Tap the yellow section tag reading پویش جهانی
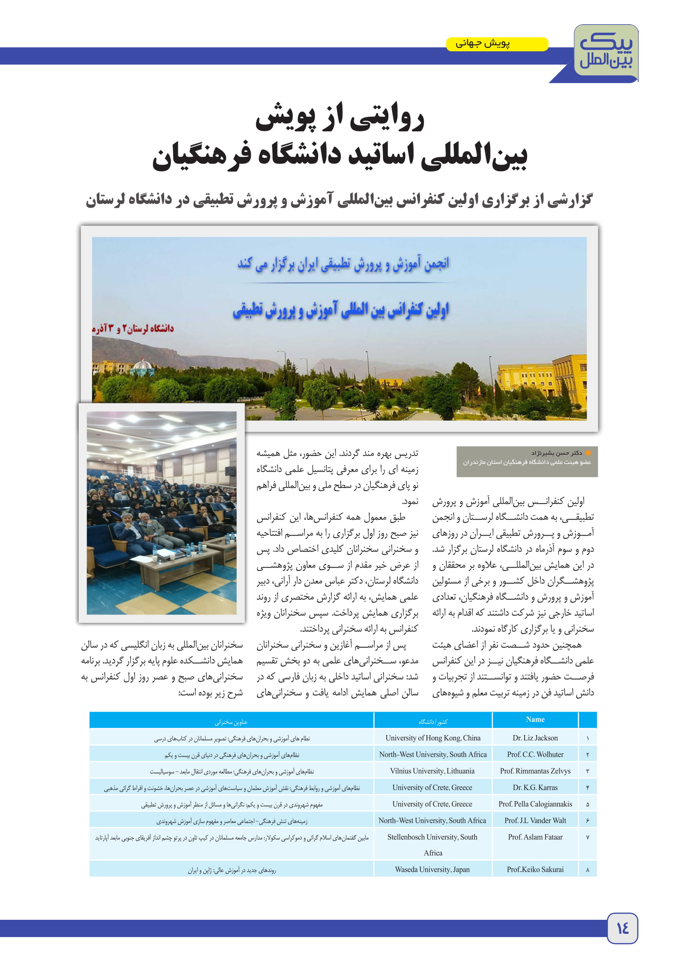click(x=497, y=44)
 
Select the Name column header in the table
click(x=535, y=719)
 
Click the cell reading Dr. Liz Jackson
click(x=535, y=738)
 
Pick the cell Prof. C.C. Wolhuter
click(x=535, y=754)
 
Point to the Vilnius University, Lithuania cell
click(x=432, y=771)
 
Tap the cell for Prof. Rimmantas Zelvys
click(x=535, y=771)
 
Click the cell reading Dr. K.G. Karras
click(x=535, y=787)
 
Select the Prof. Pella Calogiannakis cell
click(x=535, y=804)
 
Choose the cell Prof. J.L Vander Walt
click(x=535, y=820)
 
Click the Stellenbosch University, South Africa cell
click(x=432, y=844)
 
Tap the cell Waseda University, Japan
click(x=432, y=870)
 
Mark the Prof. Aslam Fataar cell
click(x=535, y=837)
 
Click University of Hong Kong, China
click(x=432, y=738)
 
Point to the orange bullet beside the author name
click(x=588, y=453)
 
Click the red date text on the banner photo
click(x=133, y=328)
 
